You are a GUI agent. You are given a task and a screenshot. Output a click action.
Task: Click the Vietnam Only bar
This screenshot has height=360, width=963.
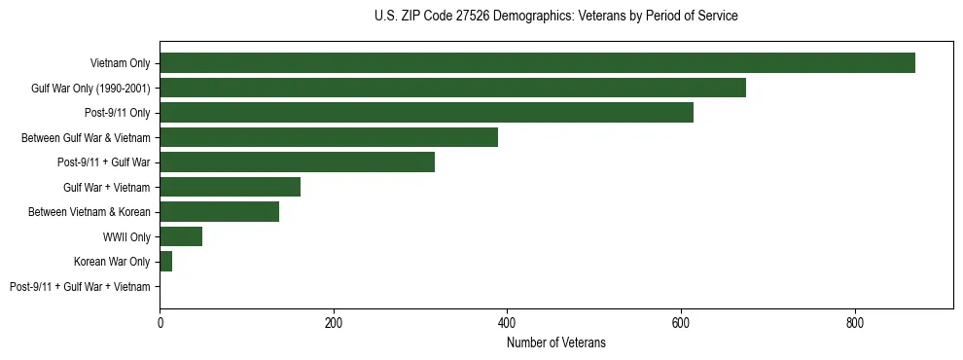point(537,63)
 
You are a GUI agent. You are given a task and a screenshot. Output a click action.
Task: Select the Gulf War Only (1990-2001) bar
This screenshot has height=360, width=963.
point(452,88)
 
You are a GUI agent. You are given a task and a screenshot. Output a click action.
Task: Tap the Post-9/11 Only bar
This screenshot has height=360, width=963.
point(426,113)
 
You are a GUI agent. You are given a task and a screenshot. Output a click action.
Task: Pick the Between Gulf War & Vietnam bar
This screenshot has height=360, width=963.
point(329,137)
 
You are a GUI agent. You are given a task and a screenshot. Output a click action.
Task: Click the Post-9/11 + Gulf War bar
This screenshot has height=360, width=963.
point(297,162)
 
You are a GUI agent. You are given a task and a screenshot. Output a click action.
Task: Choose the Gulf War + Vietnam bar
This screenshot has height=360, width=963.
point(230,187)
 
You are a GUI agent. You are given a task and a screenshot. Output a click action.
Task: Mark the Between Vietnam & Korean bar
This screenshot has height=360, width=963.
point(219,212)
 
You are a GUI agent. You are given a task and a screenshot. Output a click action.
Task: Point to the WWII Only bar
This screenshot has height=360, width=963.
point(181,236)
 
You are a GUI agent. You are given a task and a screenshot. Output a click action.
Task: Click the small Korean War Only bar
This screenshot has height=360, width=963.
point(165,262)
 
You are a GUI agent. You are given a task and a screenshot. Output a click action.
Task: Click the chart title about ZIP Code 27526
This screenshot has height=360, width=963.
point(555,17)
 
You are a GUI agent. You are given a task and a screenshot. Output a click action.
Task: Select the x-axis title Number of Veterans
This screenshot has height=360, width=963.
point(555,342)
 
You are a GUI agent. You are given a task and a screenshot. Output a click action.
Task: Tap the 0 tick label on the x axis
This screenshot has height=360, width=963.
point(160,322)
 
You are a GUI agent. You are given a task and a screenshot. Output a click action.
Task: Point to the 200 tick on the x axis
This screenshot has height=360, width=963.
point(333,322)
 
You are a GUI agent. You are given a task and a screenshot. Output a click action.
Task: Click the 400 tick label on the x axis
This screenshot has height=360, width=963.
point(507,322)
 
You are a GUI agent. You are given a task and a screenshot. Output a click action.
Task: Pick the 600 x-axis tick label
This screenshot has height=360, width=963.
point(681,322)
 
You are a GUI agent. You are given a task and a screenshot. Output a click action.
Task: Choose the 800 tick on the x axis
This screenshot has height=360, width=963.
point(854,322)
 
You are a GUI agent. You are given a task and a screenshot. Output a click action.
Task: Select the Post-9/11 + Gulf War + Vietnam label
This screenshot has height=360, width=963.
point(80,287)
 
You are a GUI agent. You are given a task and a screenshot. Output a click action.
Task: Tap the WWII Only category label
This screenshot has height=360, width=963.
point(126,236)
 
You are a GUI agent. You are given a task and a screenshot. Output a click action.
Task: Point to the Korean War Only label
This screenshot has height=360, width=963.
point(112,262)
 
